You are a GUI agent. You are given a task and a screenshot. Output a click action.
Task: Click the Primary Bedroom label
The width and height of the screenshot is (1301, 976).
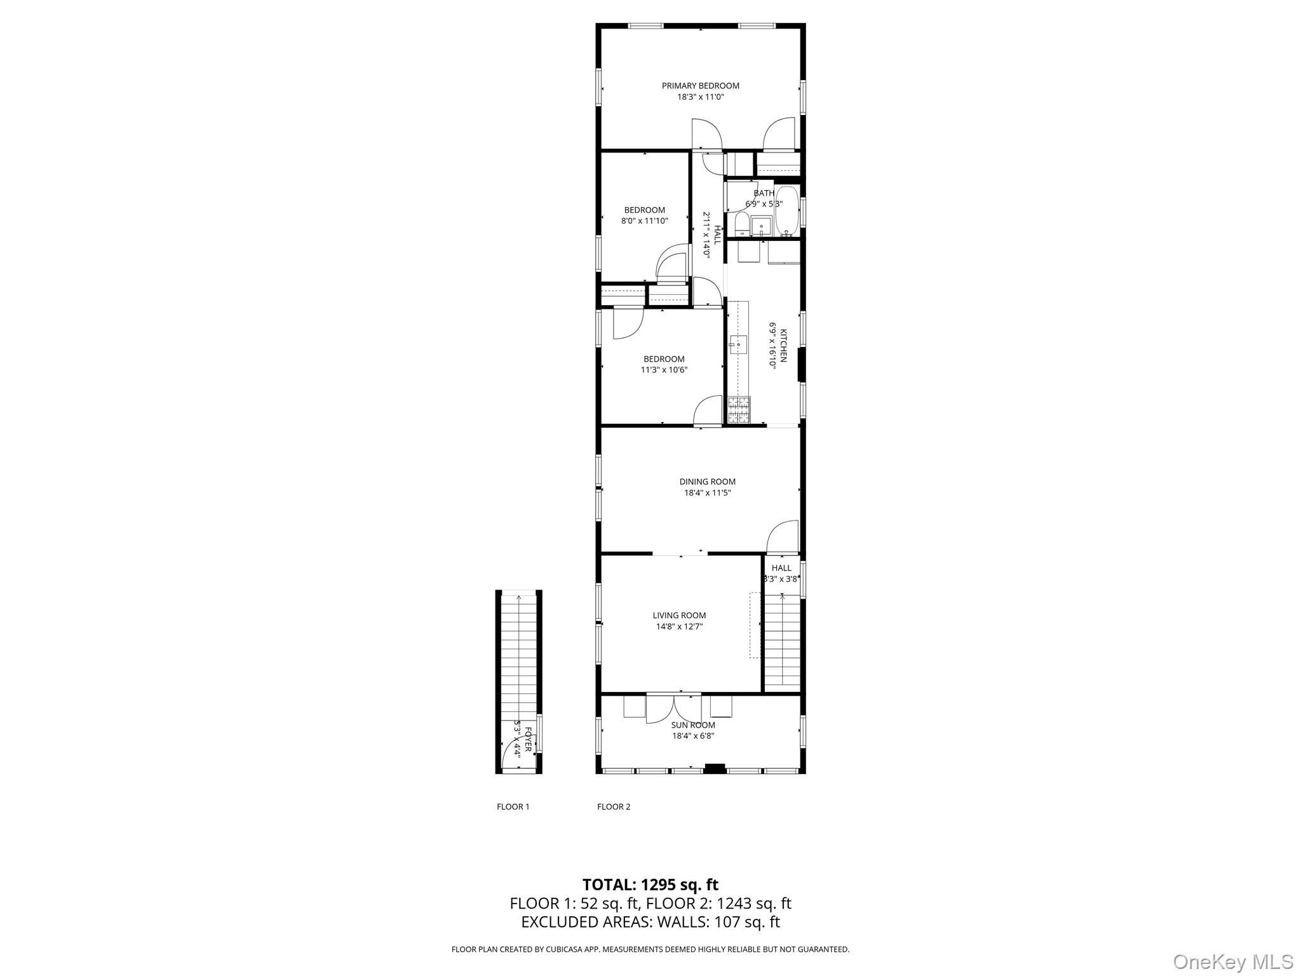[700, 86]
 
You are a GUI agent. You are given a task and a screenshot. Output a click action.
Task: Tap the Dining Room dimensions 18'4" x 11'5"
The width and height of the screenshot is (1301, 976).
[707, 492]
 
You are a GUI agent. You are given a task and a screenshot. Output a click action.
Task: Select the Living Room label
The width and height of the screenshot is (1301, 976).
[679, 615]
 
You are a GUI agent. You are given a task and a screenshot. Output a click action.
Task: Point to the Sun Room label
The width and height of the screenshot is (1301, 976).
[693, 725]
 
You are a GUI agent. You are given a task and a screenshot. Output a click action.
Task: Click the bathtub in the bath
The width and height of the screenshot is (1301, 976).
[787, 211]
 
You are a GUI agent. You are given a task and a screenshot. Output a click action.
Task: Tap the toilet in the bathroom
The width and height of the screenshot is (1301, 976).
[741, 224]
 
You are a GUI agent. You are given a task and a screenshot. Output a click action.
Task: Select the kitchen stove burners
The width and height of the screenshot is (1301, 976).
[739, 409]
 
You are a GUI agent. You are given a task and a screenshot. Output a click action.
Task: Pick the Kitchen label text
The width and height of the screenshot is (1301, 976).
[783, 346]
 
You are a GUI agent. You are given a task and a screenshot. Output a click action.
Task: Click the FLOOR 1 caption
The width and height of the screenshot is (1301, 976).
[513, 807]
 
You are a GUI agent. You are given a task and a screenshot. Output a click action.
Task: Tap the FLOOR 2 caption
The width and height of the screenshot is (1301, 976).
[614, 807]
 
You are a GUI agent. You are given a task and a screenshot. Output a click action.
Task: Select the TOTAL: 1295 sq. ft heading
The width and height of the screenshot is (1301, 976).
[650, 884]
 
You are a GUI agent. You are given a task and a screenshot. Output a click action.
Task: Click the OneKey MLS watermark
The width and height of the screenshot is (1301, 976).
[1232, 961]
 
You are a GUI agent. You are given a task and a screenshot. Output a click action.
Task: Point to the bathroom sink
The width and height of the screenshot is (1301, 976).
[761, 226]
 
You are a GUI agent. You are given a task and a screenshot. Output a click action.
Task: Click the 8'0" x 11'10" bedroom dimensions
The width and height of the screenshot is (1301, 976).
[644, 221]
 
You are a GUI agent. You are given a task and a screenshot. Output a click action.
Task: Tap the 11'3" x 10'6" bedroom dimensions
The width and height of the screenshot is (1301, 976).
[664, 370]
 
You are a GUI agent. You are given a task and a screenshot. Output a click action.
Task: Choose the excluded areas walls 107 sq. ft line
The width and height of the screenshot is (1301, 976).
[650, 922]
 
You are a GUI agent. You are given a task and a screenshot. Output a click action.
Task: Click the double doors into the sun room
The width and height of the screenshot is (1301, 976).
[674, 708]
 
